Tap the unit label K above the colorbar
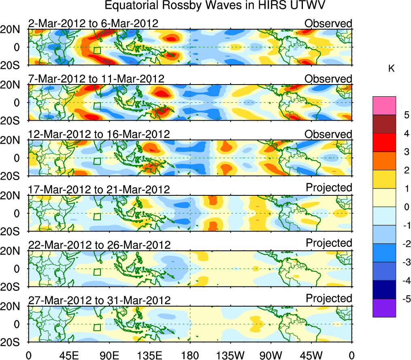click(x=391, y=69)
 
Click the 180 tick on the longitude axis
click(x=190, y=356)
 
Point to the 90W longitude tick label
click(x=271, y=356)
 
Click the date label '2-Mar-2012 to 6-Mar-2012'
click(x=93, y=23)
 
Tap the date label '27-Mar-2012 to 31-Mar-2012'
click(x=99, y=300)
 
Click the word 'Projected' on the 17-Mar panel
click(x=329, y=188)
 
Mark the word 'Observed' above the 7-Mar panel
click(x=328, y=79)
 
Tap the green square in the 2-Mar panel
click(x=97, y=51)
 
